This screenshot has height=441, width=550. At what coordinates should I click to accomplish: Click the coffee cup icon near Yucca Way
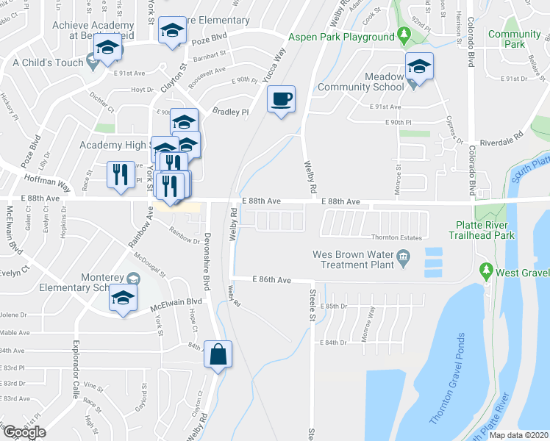point(280,98)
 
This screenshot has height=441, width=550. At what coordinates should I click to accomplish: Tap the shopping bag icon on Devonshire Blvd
point(218,354)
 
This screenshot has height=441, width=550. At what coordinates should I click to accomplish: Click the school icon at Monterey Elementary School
point(124,298)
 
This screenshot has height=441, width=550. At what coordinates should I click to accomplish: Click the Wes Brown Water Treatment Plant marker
point(403,257)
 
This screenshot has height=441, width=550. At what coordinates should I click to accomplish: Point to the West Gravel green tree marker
point(485,270)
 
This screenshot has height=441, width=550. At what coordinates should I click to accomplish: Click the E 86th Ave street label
point(272,280)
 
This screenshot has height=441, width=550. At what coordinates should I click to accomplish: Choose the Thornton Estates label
point(395,237)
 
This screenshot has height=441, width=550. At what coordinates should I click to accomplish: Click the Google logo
point(24,431)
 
